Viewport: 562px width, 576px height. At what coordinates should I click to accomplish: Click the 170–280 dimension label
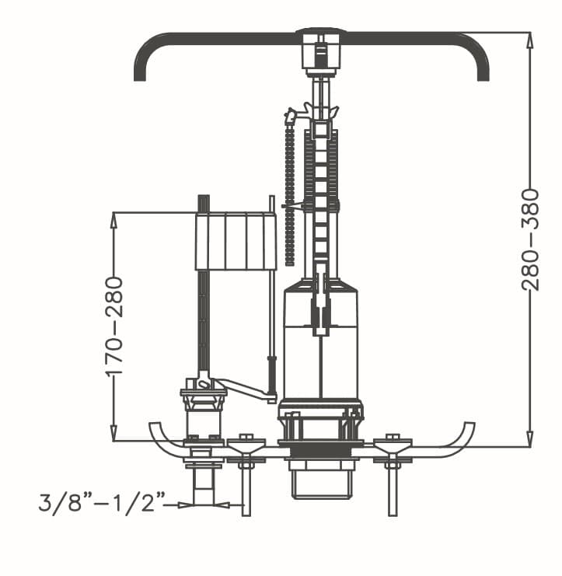click(113, 326)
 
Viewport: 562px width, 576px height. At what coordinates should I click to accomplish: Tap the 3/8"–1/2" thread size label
click(102, 502)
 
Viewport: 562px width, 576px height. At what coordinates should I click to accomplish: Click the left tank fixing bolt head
click(246, 436)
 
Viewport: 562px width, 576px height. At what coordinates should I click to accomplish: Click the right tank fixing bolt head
click(393, 436)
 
